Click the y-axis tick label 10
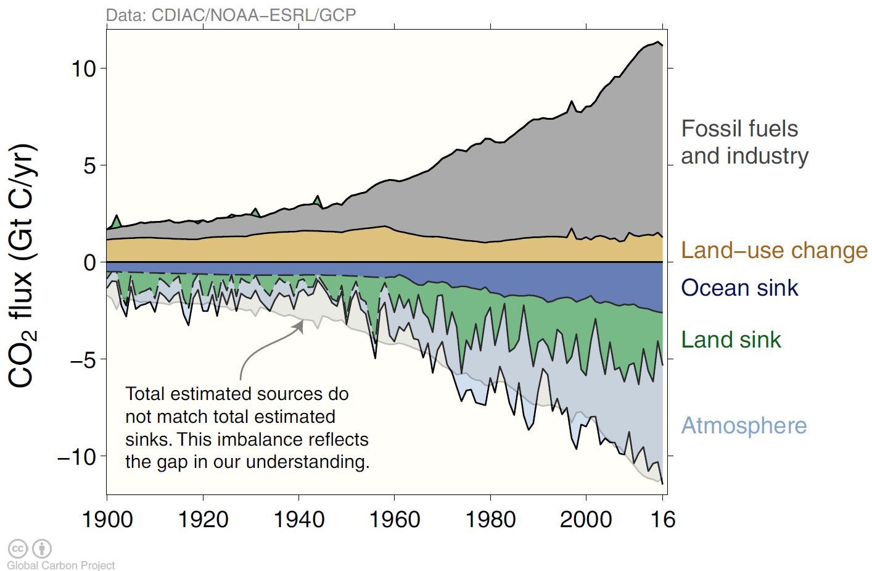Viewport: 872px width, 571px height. click(x=84, y=69)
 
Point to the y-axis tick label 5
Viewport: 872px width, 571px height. click(x=90, y=165)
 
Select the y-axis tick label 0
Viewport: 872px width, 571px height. click(x=90, y=262)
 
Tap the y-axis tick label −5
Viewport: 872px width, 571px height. click(x=83, y=359)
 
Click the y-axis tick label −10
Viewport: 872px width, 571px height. click(x=76, y=457)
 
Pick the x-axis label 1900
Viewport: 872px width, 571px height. click(x=107, y=519)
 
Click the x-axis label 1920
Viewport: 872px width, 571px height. click(x=203, y=519)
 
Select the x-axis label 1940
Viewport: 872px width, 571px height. click(x=298, y=519)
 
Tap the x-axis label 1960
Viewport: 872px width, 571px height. click(x=394, y=519)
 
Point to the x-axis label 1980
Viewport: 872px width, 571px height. click(x=490, y=519)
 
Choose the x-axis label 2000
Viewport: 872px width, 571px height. click(x=586, y=519)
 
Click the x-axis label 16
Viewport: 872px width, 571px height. click(x=663, y=519)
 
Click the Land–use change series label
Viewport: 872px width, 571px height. click(x=774, y=251)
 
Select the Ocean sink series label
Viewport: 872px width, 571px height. click(x=739, y=288)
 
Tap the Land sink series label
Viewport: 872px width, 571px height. click(x=731, y=340)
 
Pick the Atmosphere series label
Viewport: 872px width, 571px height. click(x=744, y=425)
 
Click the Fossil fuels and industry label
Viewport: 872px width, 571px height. click(x=744, y=142)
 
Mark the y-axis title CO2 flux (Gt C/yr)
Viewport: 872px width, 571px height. click(x=23, y=265)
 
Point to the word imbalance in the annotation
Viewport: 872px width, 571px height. click(x=261, y=440)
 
